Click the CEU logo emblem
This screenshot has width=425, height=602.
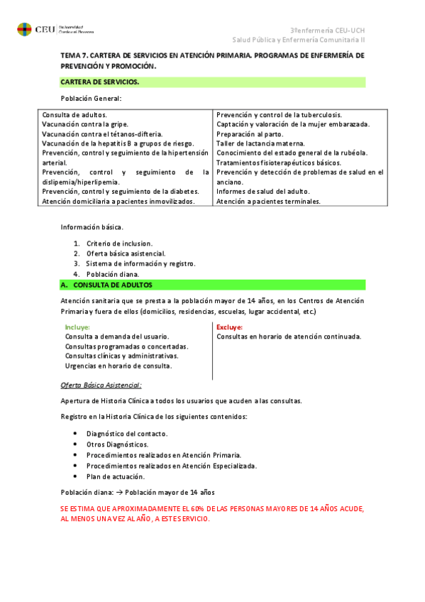(24, 30)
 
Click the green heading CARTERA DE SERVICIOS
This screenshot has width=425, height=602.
(100, 82)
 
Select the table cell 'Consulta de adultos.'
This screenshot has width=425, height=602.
(74, 114)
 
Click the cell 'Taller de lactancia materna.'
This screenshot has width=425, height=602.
(260, 143)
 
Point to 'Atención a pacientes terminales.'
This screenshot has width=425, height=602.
(268, 201)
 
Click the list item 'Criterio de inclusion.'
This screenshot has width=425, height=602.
(119, 243)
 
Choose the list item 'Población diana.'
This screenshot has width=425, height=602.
(113, 274)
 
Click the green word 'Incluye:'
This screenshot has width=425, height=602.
(77, 327)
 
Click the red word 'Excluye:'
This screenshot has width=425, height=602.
(229, 327)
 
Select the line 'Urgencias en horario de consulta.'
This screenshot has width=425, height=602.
(118, 366)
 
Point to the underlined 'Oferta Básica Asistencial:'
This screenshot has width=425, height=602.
(101, 385)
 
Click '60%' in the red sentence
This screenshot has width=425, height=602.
(190, 510)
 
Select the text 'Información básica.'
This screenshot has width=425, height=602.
(92, 227)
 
